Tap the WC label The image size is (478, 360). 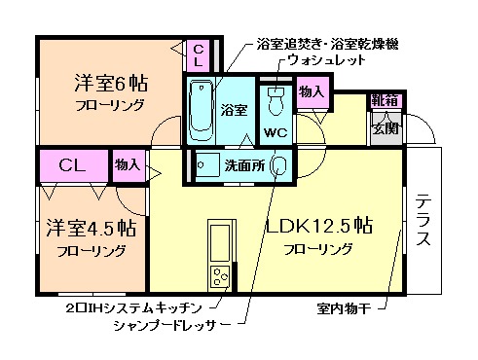point(275,132)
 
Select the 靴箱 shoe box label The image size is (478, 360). point(383,101)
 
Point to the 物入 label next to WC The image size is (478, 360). point(311,92)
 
